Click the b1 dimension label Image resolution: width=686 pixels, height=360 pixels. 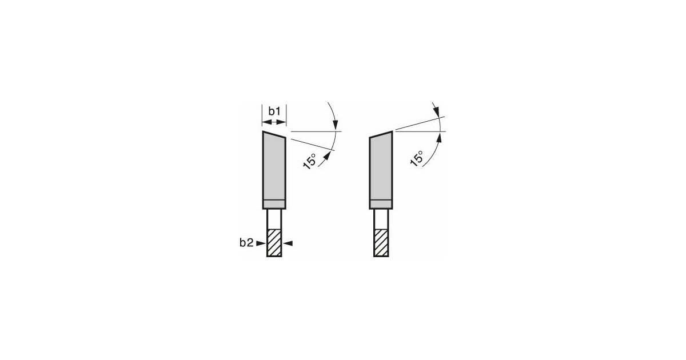(x=274, y=111)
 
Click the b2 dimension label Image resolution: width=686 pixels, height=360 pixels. (x=246, y=243)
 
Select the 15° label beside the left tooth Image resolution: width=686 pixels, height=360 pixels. (x=309, y=161)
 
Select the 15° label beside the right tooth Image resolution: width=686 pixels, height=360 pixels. (x=417, y=158)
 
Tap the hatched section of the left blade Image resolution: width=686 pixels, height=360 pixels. (x=274, y=243)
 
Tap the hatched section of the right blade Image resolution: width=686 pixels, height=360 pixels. (x=381, y=243)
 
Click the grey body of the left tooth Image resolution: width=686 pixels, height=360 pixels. (x=274, y=169)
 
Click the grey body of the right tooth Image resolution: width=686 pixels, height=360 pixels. (x=381, y=169)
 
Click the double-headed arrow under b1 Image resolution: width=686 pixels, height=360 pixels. (x=274, y=122)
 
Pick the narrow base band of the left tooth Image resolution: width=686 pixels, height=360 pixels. (x=274, y=204)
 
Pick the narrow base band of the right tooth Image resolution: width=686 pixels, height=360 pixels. (x=381, y=204)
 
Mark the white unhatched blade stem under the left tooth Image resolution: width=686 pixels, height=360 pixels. (x=274, y=219)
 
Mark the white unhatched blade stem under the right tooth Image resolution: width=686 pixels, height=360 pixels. (x=381, y=219)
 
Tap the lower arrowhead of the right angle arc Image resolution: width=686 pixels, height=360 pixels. (x=441, y=137)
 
